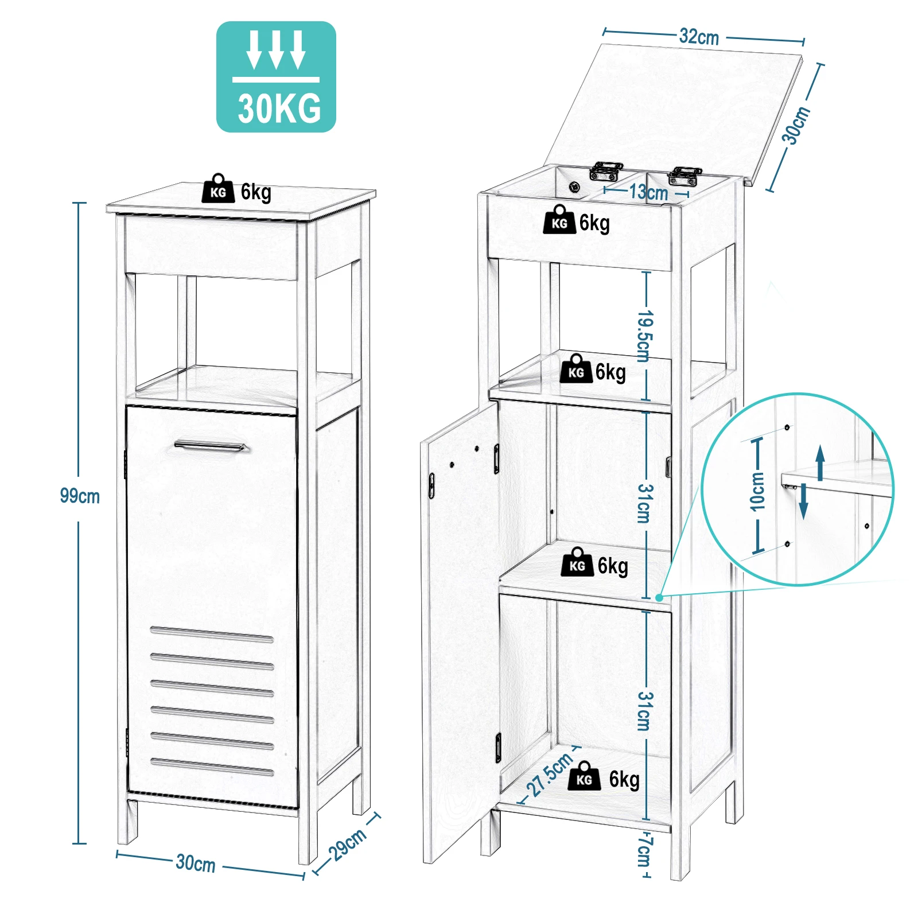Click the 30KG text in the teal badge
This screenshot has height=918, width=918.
point(279,108)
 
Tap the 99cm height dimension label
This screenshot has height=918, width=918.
point(80,496)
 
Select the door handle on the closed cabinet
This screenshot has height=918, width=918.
point(210,446)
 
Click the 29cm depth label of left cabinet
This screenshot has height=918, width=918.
point(347,844)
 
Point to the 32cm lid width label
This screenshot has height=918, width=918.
point(699,37)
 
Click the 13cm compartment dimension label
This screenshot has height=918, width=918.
point(648,192)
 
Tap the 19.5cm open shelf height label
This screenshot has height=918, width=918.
point(645,336)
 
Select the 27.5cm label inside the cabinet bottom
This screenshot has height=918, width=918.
point(550,774)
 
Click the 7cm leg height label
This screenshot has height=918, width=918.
point(644,851)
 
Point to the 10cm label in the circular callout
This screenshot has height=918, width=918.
point(757,491)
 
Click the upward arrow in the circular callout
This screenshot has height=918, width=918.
point(820,462)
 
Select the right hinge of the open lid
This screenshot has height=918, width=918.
point(684,176)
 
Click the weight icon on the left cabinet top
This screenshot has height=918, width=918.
point(218,189)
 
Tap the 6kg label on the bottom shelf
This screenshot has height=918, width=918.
point(624,779)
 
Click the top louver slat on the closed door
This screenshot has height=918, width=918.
point(212,635)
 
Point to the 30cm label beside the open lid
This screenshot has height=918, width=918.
point(796,125)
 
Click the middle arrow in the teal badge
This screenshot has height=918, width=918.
point(277,50)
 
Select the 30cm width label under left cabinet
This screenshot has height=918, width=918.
point(196,863)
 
